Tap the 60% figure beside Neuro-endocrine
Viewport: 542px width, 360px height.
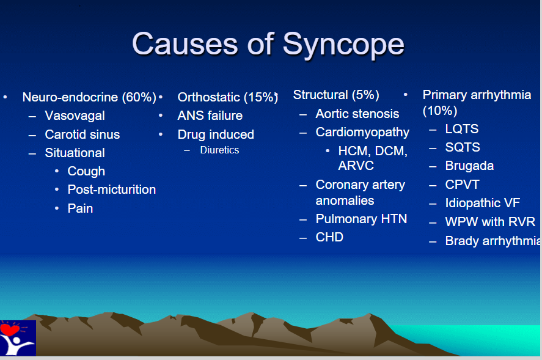[139, 97]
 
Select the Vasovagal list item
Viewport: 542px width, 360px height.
[75, 116]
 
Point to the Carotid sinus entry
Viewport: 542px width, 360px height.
[82, 134]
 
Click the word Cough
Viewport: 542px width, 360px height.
[86, 171]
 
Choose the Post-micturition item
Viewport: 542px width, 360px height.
[112, 189]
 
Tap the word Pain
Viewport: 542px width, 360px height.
[80, 208]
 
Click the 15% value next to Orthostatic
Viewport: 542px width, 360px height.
[261, 97]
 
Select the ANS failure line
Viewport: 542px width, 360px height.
[210, 116]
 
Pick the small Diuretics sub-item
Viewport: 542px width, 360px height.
[219, 150]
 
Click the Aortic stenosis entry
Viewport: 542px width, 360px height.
[357, 114]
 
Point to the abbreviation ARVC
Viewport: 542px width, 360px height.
[356, 165]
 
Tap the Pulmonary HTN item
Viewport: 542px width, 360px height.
[361, 219]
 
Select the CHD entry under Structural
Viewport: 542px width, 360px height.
[329, 237]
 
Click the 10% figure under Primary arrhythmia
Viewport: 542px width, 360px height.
[440, 111]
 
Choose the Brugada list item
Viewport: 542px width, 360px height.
[469, 166]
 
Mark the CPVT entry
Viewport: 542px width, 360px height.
[462, 185]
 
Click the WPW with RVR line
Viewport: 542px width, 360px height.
[490, 221]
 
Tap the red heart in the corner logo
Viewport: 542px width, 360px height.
[10, 329]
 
